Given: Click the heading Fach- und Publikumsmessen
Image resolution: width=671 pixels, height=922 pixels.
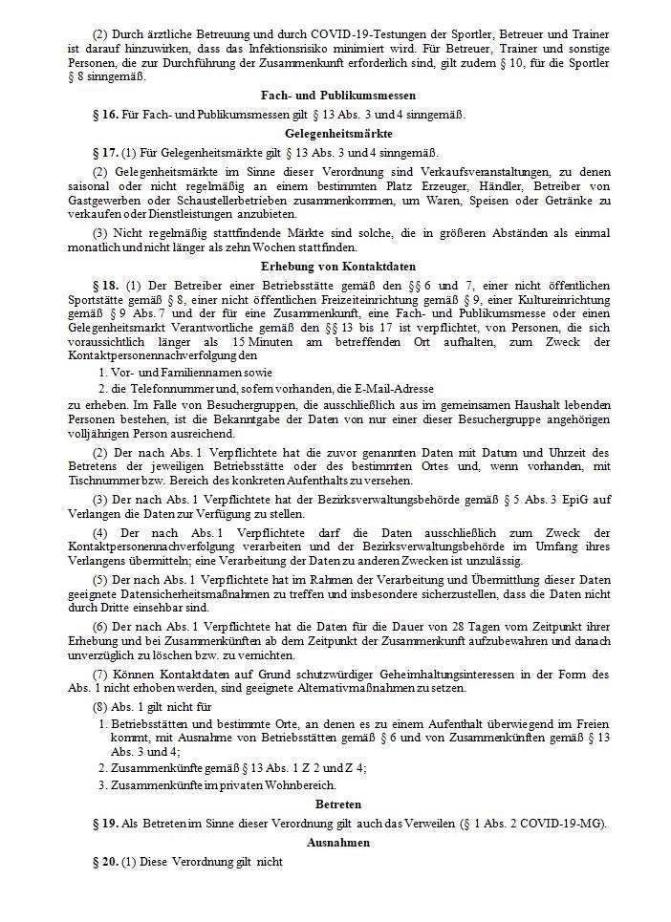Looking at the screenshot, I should point(335,96).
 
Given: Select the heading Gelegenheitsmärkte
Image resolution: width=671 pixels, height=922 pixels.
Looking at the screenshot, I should point(335,133).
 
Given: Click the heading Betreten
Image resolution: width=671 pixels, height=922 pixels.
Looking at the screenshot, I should point(335,805).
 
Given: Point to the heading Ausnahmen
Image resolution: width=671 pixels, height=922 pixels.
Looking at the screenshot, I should point(335,844).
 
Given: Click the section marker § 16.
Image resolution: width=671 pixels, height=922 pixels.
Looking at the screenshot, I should point(105,115).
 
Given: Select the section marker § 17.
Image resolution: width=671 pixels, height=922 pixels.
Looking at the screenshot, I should point(105,152).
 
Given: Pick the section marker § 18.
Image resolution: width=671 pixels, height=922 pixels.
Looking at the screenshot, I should point(105,285).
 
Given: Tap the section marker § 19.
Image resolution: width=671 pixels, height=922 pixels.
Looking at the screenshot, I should point(105,825).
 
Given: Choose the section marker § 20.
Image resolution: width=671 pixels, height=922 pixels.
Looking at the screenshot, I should point(105,863).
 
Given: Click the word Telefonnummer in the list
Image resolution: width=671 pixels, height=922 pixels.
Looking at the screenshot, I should point(163,388).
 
